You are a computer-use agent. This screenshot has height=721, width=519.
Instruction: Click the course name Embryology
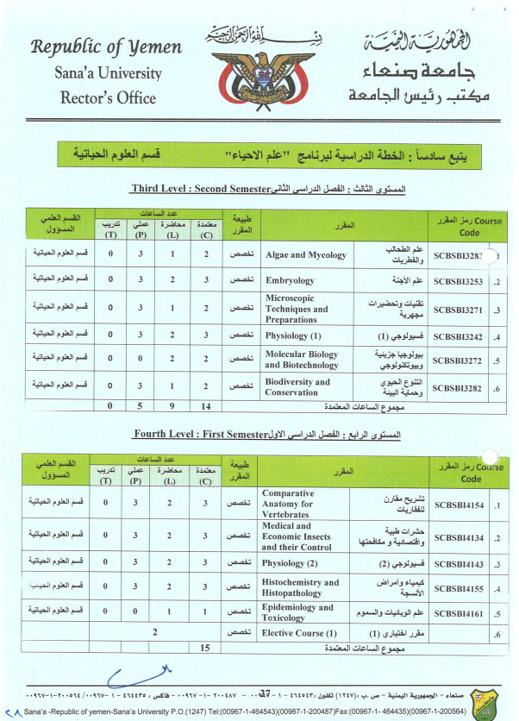click(291, 281)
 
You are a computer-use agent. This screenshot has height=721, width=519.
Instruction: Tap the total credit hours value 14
click(205, 405)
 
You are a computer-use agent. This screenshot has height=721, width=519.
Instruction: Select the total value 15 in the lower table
click(205, 647)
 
